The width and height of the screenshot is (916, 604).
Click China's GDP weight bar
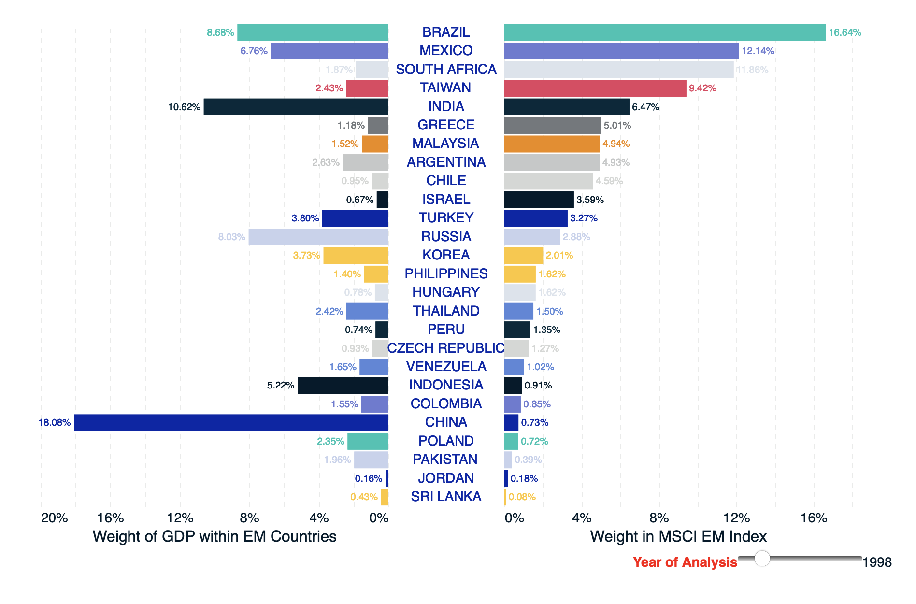pos(231,422)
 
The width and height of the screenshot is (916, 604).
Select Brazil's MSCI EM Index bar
pos(665,32)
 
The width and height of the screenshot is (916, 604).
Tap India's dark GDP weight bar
pos(296,107)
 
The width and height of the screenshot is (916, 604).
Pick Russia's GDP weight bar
pos(318,237)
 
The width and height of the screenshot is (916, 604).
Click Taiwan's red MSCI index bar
pos(595,88)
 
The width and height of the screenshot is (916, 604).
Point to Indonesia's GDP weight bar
pos(343,386)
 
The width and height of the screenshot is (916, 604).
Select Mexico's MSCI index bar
pos(621,51)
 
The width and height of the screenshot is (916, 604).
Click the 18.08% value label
pos(55,423)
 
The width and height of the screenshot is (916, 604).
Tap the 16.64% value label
pos(845,32)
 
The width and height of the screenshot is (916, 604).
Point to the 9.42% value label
pos(702,88)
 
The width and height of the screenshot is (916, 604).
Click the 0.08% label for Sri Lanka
pos(522,497)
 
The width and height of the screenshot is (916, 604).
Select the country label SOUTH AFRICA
pos(446,70)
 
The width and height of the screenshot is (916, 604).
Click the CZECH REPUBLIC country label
pos(446,348)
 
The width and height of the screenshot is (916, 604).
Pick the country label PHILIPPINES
pos(446,273)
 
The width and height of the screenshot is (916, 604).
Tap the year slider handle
pos(762,558)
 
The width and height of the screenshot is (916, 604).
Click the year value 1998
pos(877,562)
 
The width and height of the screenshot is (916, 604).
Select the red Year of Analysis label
pos(685,562)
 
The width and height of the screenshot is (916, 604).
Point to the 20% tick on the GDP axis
pos(54,518)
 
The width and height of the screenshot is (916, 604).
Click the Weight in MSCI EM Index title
pos(678,536)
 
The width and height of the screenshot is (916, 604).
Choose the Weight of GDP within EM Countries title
pos(215,536)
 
